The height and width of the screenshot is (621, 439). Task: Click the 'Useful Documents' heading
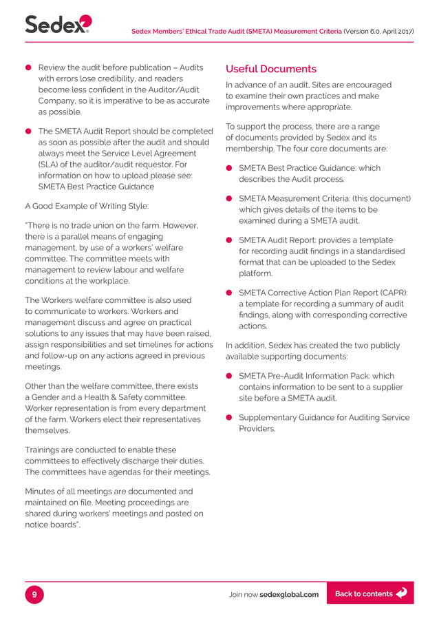click(x=271, y=69)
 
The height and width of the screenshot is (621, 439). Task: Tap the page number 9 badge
click(x=34, y=593)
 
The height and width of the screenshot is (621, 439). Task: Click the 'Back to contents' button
click(x=370, y=593)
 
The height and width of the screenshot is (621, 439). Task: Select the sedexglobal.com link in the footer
click(x=289, y=594)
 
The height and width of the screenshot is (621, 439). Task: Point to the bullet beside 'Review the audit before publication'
click(x=29, y=67)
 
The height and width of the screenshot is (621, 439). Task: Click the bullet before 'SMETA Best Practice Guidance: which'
click(x=230, y=168)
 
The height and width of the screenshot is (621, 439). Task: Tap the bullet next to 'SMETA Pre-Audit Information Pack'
click(x=230, y=376)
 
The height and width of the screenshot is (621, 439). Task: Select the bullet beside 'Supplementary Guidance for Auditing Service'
click(x=230, y=418)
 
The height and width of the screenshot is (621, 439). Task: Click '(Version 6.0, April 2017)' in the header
click(x=378, y=32)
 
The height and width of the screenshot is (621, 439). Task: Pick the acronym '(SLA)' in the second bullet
click(x=50, y=165)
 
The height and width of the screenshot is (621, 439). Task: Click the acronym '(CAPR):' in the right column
click(x=393, y=293)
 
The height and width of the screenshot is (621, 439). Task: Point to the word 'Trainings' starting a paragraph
click(x=45, y=450)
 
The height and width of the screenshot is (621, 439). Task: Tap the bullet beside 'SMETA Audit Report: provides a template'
click(x=230, y=240)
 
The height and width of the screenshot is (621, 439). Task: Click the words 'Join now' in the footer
click(x=243, y=594)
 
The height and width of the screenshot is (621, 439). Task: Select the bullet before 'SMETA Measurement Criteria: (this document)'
click(x=230, y=199)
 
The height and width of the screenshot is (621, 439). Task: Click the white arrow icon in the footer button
click(x=402, y=593)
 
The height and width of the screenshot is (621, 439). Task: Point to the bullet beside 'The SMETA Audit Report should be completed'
click(x=29, y=131)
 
